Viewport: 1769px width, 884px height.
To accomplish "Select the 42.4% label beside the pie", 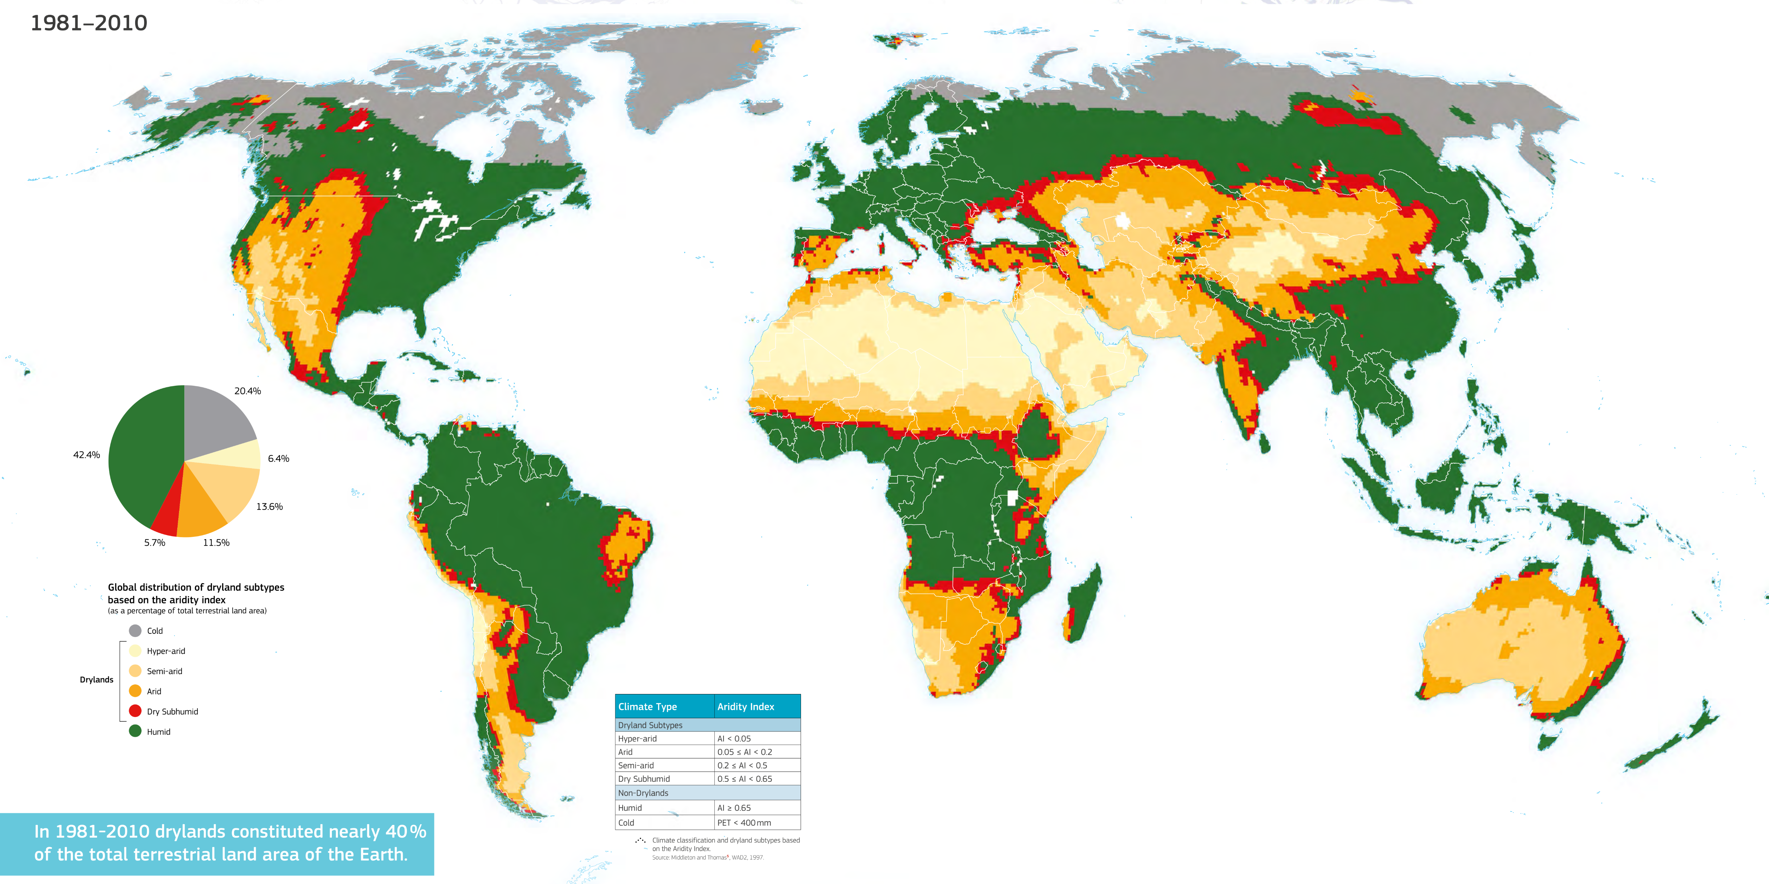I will click(x=87, y=455).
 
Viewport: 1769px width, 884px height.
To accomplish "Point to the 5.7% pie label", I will click(x=155, y=543).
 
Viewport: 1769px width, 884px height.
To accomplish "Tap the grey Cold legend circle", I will click(x=135, y=631).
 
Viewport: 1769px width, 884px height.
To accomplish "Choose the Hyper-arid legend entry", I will click(x=166, y=651).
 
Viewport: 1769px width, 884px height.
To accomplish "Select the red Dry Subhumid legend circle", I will click(x=135, y=711).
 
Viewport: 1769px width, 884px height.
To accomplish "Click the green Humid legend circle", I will click(x=135, y=731).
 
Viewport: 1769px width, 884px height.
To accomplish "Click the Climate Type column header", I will click(x=647, y=707).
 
